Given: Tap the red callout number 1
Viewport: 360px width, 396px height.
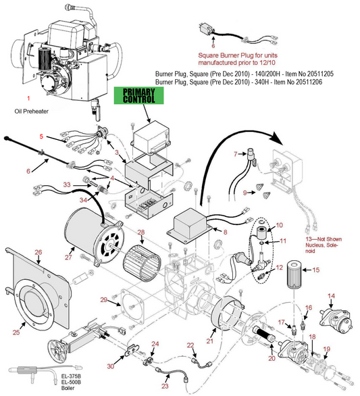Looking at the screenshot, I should (28, 98).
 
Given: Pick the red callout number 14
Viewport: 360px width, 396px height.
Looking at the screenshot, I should (331, 296).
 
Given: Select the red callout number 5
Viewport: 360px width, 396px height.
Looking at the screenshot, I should (41, 137).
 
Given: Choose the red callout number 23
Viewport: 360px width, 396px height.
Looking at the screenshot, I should (165, 387).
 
